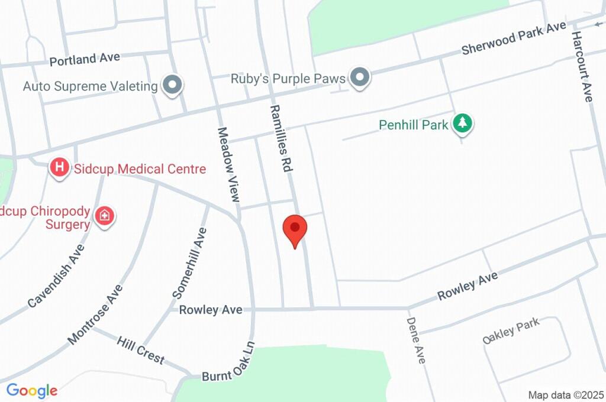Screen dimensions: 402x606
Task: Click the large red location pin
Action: pyautogui.click(x=295, y=229)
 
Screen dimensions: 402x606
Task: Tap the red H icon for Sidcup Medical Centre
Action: pyautogui.click(x=59, y=168)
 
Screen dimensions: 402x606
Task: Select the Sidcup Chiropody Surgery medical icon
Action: pyautogui.click(x=105, y=216)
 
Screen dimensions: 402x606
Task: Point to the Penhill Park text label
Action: pyautogui.click(x=414, y=125)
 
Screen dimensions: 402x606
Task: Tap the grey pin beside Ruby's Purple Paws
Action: pyautogui.click(x=359, y=77)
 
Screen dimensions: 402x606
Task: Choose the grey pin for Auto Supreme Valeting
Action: pyautogui.click(x=173, y=85)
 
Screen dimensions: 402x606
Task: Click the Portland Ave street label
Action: pyautogui.click(x=85, y=59)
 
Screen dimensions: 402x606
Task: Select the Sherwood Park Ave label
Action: pyautogui.click(x=514, y=40)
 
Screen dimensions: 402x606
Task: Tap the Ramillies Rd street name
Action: pyautogui.click(x=281, y=138)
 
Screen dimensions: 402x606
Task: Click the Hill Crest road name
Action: pyautogui.click(x=140, y=350)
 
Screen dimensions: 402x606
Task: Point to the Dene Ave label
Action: pyautogui.click(x=415, y=340)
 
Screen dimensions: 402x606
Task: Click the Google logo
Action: pyautogui.click(x=32, y=390)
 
